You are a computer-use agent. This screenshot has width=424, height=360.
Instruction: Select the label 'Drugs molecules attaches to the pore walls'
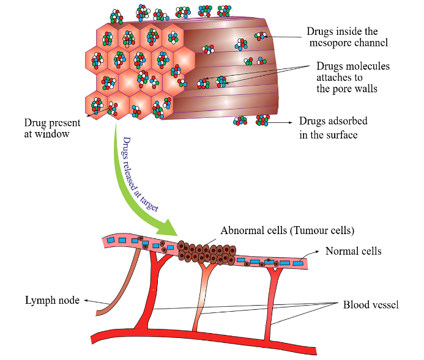point(352,77)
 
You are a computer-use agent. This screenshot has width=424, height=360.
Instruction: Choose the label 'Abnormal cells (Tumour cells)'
point(287,230)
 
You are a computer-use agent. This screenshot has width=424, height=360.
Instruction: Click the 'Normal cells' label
point(353,251)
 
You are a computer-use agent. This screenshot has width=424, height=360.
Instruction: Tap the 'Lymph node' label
point(52,300)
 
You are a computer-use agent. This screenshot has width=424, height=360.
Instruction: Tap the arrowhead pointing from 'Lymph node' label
point(86,300)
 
